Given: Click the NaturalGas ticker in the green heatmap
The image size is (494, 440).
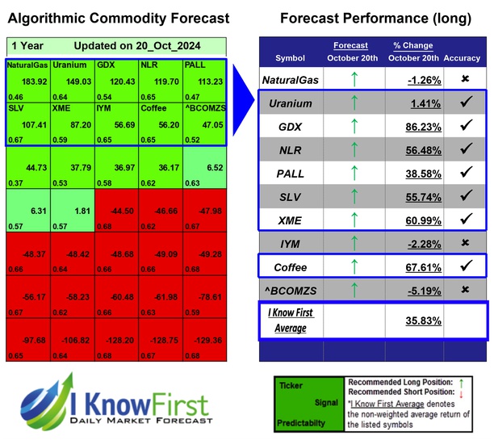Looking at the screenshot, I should pyautogui.click(x=26, y=65).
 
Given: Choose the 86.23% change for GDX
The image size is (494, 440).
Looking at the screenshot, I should pyautogui.click(x=412, y=127).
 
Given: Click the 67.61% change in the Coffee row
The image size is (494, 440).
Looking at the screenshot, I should pyautogui.click(x=412, y=267).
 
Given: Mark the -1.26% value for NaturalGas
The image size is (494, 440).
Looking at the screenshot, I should pyautogui.click(x=412, y=80).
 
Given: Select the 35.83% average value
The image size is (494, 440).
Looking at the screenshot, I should pyautogui.click(x=412, y=321).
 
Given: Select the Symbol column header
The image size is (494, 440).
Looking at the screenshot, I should pyautogui.click(x=290, y=58).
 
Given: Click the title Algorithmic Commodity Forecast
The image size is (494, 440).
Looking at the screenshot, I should pyautogui.click(x=117, y=18).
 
